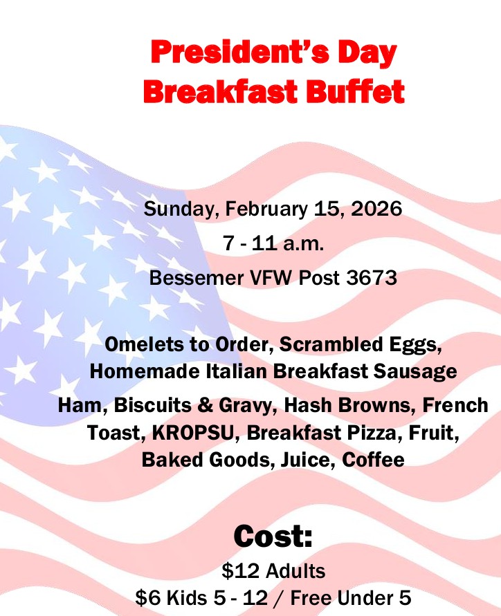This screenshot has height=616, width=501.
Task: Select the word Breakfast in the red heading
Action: pos(220,91)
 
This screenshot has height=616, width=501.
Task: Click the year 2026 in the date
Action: pos(376,208)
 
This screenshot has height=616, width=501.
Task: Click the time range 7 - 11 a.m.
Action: pos(274,243)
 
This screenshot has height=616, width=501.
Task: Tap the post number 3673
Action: pos(372,278)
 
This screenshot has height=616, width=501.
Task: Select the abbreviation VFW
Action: pos(271,278)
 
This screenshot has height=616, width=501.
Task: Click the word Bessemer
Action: pos(197,278)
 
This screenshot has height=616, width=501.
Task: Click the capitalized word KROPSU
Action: pos(192,433)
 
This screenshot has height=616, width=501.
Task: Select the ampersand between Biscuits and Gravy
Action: pos(205,405)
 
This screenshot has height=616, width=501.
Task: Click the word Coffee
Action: pos(373,460)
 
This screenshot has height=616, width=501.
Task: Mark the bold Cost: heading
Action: pos(273,536)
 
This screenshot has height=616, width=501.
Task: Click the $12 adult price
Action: pos(236,571)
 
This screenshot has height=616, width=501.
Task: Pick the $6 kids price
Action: pos(148,598)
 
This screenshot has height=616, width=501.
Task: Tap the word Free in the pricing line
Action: pos(310,598)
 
